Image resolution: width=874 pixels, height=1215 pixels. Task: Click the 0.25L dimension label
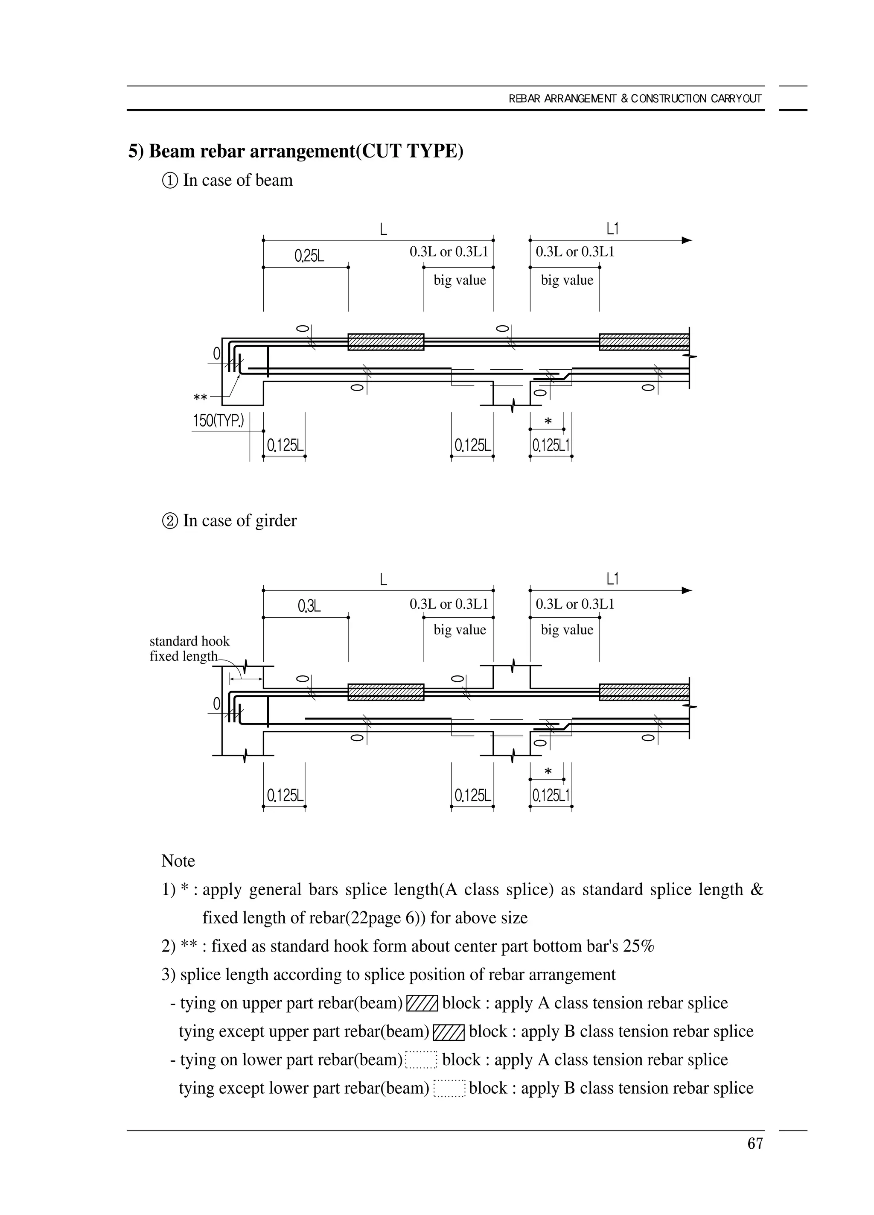click(309, 256)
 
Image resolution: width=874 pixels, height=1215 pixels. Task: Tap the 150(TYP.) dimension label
click(218, 421)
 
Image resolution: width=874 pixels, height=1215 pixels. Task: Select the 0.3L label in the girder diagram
click(309, 606)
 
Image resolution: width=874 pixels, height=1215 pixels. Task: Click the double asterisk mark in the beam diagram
click(200, 398)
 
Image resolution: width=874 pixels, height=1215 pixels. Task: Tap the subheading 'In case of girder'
click(239, 520)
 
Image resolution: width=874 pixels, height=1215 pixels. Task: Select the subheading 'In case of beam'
click(237, 180)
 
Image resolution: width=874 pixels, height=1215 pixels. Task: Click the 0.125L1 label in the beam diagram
click(551, 445)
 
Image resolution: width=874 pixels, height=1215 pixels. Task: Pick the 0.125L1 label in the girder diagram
click(551, 795)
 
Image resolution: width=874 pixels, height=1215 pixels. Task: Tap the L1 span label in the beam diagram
click(612, 229)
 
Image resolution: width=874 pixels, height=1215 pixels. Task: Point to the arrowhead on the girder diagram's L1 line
click(687, 590)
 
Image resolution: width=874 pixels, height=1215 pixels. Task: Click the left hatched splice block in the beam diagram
click(386, 342)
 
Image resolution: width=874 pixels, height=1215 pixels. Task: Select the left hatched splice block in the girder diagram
click(386, 692)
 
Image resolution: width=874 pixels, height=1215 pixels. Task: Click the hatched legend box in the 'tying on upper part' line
click(422, 1003)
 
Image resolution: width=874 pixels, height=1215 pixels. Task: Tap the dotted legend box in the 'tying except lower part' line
click(449, 1088)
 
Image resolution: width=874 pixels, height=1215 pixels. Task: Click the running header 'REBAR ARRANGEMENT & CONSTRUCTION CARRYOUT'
click(635, 99)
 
